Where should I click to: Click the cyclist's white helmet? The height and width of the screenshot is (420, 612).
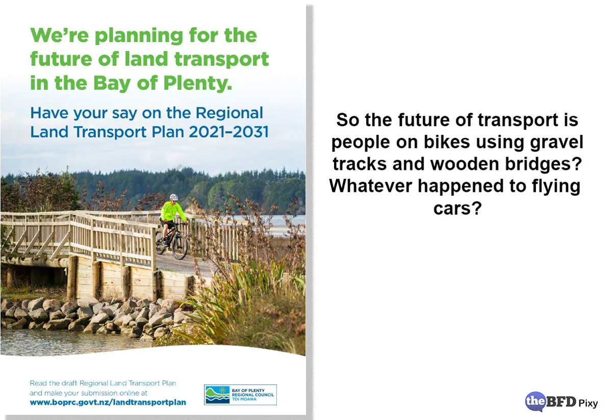click(x=173, y=197)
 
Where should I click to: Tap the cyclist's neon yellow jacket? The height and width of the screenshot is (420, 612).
click(x=173, y=211)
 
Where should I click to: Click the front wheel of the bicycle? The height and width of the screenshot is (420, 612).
click(x=180, y=246)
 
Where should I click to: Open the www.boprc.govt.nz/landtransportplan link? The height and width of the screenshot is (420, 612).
click(x=108, y=402)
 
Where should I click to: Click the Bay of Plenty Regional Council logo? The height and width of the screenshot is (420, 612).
click(x=240, y=394)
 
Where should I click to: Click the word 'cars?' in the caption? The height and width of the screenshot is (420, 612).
click(x=457, y=208)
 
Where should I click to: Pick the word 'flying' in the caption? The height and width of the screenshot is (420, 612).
click(x=553, y=186)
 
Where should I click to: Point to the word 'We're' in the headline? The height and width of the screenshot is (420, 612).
click(x=59, y=36)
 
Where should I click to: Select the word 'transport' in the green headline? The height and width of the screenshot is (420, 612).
click(x=221, y=59)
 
